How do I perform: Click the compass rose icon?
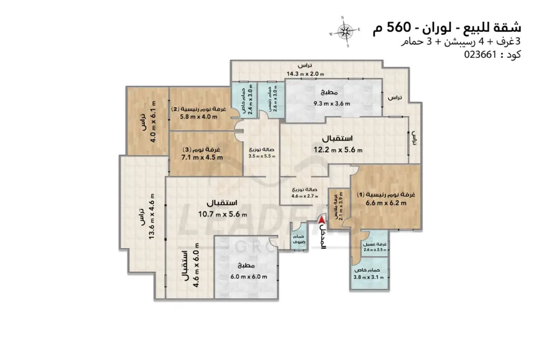(345, 30)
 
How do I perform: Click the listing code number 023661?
(479, 55)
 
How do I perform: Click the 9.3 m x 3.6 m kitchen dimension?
(332, 103)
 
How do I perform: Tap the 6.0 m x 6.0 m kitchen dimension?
(249, 276)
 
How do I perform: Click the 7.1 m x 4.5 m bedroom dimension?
(203, 157)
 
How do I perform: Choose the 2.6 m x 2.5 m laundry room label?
(373, 249)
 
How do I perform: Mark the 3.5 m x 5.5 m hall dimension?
(262, 156)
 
